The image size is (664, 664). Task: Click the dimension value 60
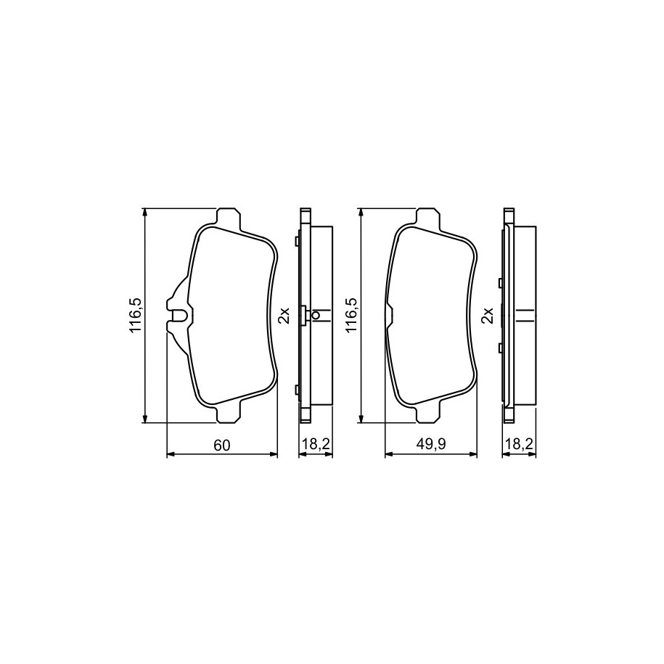[x=221, y=445]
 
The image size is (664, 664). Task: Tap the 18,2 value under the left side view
[x=316, y=444]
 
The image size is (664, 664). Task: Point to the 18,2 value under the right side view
[x=519, y=444]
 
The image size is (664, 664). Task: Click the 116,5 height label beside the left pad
[x=136, y=315]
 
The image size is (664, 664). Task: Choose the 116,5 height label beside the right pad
[x=353, y=315]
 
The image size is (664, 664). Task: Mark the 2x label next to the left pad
[x=284, y=316]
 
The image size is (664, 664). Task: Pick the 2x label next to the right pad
[x=488, y=316]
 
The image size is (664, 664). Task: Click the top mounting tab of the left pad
[x=229, y=217]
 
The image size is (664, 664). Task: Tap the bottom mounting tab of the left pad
[x=229, y=414]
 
